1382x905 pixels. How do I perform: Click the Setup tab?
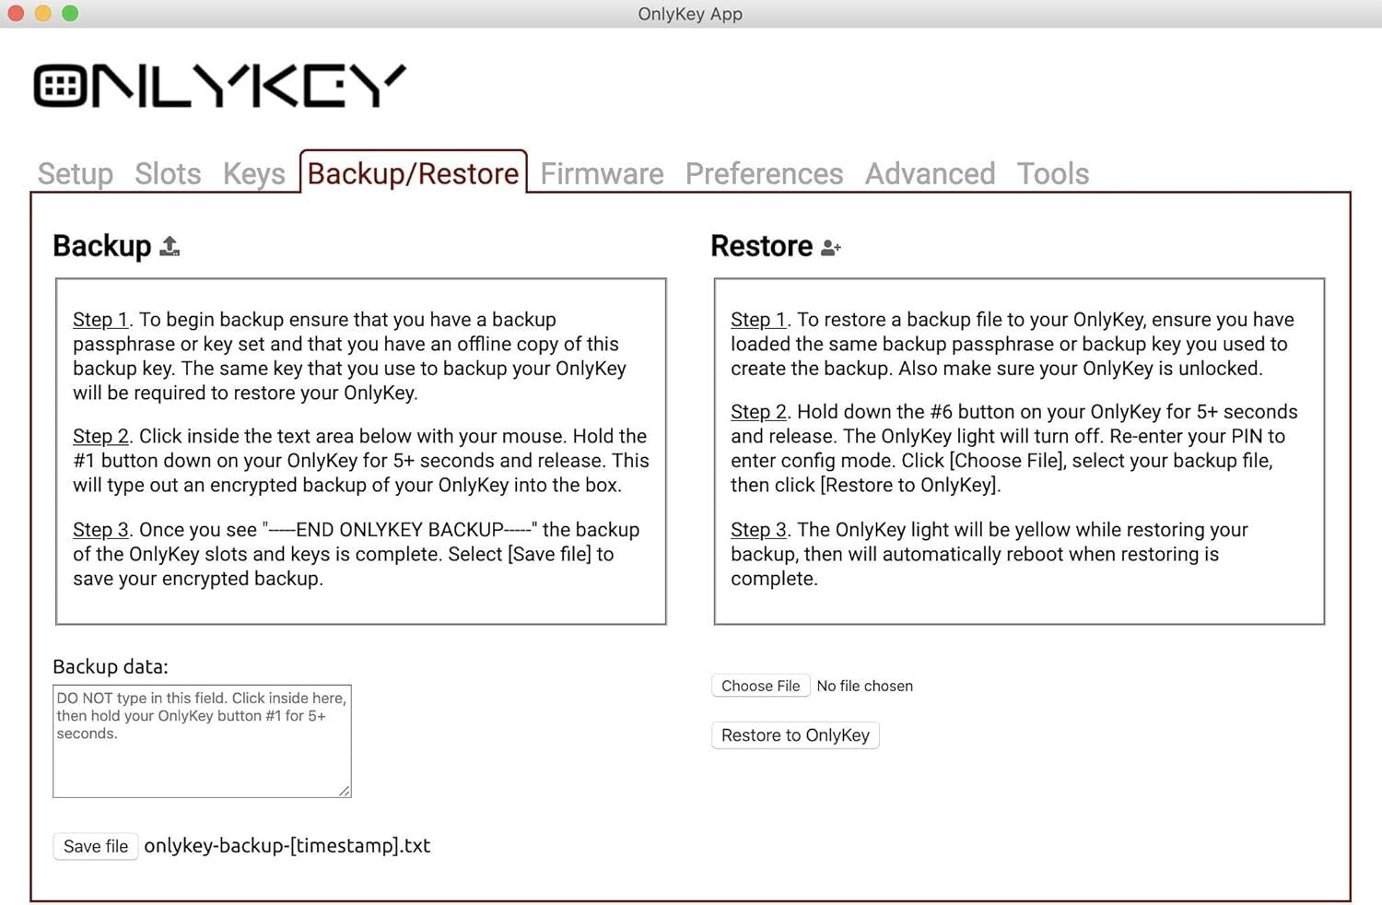[76, 173]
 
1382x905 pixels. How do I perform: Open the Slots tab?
[168, 173]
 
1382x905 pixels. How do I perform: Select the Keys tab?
[253, 173]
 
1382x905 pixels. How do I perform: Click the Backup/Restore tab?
[413, 173]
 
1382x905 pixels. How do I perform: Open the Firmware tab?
[602, 173]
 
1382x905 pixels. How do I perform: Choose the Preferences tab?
[764, 173]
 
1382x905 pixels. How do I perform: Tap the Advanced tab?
[930, 173]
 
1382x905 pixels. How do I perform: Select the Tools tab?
[1052, 173]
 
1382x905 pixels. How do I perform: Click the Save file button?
[96, 846]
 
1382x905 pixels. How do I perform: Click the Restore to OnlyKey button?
[795, 735]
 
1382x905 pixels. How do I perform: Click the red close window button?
[16, 13]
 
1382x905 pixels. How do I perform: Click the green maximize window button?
[70, 13]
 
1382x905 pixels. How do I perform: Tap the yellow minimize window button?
[43, 13]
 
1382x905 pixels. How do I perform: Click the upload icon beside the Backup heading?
[170, 246]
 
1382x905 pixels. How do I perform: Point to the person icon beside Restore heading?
[830, 247]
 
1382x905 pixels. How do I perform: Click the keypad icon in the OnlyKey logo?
[61, 87]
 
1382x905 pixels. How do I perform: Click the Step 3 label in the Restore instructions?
[758, 530]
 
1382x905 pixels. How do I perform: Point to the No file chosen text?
[864, 686]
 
